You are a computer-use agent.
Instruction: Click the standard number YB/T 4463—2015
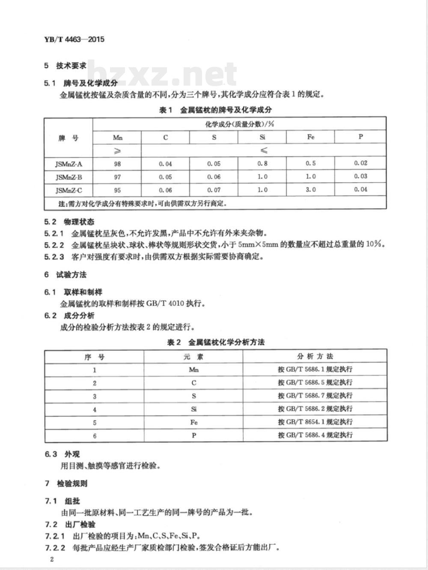74,39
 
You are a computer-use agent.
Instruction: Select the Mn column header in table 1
117,137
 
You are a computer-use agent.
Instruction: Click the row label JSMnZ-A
68,164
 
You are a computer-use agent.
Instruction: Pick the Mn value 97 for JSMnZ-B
117,177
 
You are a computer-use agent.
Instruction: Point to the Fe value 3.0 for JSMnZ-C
311,189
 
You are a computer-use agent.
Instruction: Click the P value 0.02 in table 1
360,163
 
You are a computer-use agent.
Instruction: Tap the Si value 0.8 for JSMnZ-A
262,163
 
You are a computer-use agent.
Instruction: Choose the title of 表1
215,110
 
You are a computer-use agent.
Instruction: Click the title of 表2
215,342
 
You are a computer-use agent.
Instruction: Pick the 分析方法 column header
315,356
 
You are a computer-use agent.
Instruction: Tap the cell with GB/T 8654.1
315,422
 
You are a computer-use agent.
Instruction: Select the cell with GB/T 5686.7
315,396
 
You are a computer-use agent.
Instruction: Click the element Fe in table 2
193,422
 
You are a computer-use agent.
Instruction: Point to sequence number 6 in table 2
95,436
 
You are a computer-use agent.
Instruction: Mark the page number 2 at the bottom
51,559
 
